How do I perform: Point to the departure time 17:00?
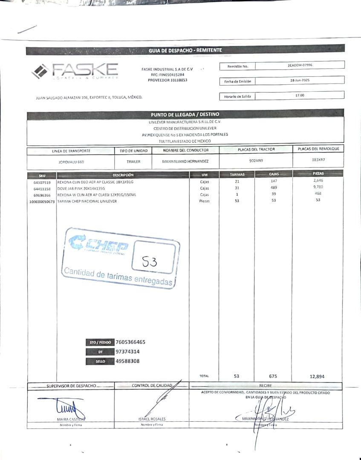[300, 95]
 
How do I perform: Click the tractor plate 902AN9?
[256, 161]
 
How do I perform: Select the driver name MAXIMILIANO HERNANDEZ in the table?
[185, 162]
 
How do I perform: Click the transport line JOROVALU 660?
[71, 162]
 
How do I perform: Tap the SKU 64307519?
[42, 182]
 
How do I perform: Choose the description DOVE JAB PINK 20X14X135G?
[81, 188]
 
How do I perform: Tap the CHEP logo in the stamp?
[98, 245]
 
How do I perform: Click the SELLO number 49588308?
[127, 361]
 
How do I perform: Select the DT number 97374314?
[127, 352]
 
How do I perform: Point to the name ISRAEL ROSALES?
[152, 419]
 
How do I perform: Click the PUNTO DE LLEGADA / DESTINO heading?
[185, 114]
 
